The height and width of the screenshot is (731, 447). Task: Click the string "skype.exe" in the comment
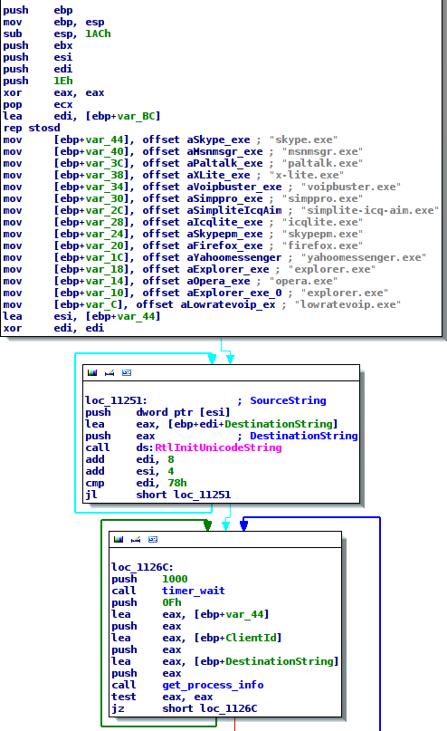pos(303,139)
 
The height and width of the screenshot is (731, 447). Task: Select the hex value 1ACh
pos(98,34)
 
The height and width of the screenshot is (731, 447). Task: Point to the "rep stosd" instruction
pos(32,128)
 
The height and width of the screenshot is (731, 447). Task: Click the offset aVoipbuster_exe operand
pos(212,187)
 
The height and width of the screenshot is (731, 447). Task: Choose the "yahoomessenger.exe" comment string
pos(363,257)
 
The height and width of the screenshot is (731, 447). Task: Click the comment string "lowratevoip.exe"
pos(347,304)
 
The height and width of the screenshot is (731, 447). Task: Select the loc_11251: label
pos(116,400)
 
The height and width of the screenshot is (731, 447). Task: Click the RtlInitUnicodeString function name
pos(218,447)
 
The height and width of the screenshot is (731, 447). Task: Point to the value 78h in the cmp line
pos(177,483)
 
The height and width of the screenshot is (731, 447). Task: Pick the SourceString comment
pos(289,400)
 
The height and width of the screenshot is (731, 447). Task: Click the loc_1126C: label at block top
pos(142,567)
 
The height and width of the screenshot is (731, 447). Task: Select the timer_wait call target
pos(194,591)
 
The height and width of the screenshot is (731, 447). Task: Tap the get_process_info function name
pos(213,685)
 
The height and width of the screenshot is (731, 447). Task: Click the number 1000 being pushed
pos(175,579)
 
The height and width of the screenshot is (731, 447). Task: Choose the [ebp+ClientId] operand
pos(238,638)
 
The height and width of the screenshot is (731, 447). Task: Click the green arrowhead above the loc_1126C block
pos(208,526)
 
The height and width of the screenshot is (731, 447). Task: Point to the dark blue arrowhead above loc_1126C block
pos(243,526)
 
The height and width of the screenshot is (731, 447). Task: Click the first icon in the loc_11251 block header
pos(92,372)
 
